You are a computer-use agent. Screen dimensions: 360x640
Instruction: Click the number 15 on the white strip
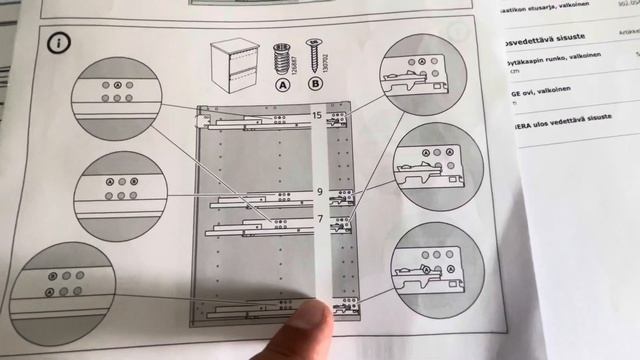[x=316, y=117]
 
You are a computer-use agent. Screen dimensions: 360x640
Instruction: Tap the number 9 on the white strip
[x=319, y=190]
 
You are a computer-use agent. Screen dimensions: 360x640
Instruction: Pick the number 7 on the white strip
[x=320, y=217]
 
